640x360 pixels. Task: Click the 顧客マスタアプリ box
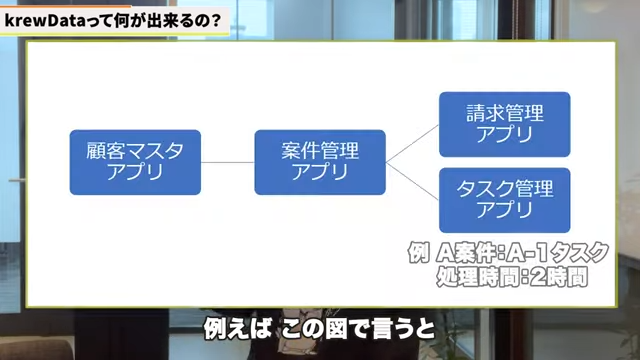click(x=134, y=161)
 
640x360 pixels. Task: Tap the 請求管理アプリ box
click(x=504, y=124)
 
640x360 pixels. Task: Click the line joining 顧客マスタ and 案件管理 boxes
click(x=227, y=161)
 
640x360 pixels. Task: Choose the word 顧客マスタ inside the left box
click(x=134, y=151)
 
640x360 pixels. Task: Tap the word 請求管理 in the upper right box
click(x=504, y=114)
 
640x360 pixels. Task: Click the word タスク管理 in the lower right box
click(x=504, y=188)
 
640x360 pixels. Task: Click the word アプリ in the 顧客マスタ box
click(x=134, y=172)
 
